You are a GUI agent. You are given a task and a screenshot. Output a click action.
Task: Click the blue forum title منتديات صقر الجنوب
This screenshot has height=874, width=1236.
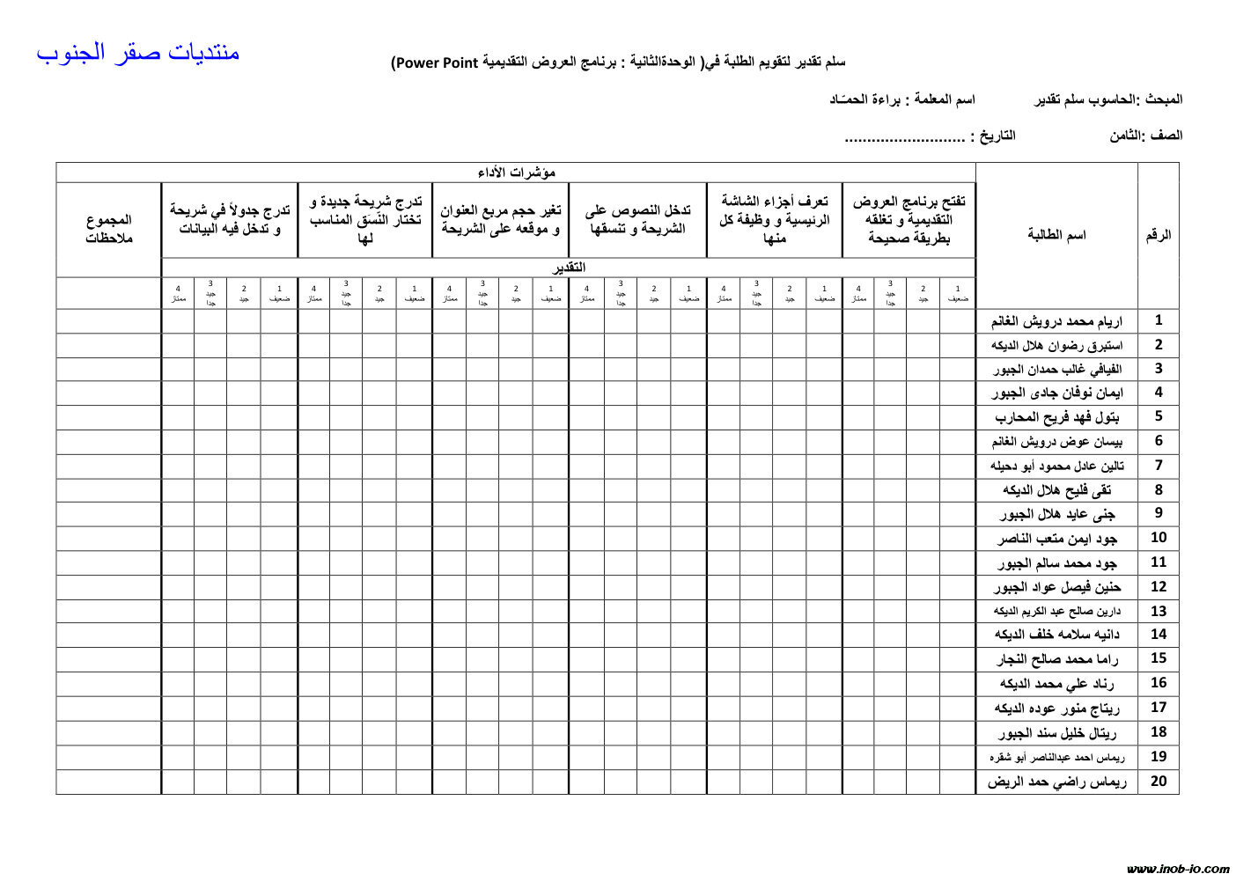pyautogui.click(x=138, y=53)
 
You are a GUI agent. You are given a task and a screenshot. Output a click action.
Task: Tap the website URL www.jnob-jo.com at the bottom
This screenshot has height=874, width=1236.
pyautogui.click(x=1178, y=869)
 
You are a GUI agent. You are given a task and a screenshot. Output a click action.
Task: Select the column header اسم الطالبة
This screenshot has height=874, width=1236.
pyautogui.click(x=1056, y=235)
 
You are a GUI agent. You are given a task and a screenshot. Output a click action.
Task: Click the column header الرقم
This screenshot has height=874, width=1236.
pyautogui.click(x=1158, y=235)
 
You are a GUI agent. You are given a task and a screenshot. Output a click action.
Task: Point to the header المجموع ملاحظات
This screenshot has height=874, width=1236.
pyautogui.click(x=109, y=229)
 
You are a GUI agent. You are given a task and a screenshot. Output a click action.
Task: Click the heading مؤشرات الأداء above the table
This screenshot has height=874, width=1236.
pyautogui.click(x=517, y=173)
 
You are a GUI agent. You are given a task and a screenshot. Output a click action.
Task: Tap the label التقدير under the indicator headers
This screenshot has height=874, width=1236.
pyautogui.click(x=569, y=268)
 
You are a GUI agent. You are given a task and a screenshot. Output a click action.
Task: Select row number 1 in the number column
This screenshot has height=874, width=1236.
pyautogui.click(x=1159, y=320)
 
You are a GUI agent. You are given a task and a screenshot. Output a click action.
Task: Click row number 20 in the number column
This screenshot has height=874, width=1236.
pyautogui.click(x=1159, y=781)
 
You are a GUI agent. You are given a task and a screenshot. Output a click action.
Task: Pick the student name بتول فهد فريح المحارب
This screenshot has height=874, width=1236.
pyautogui.click(x=1056, y=417)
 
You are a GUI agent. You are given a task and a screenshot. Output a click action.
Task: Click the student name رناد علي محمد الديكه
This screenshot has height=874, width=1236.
pyautogui.click(x=1056, y=684)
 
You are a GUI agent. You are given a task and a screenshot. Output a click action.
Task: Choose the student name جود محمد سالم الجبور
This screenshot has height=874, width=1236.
pyautogui.click(x=1056, y=562)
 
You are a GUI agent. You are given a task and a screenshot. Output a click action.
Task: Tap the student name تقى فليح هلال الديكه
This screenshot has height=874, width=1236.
pyautogui.click(x=1056, y=490)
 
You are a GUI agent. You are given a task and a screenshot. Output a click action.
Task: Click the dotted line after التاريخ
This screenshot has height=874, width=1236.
pyautogui.click(x=904, y=138)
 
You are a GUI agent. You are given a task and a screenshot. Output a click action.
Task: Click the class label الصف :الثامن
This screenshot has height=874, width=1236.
pyautogui.click(x=1145, y=136)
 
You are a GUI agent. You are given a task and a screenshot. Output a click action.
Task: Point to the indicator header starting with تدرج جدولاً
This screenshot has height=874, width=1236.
pyautogui.click(x=230, y=220)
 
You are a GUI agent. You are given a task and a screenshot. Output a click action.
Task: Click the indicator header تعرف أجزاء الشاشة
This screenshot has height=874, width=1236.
pyautogui.click(x=775, y=220)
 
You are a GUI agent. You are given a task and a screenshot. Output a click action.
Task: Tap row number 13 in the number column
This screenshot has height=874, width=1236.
pyautogui.click(x=1159, y=611)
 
